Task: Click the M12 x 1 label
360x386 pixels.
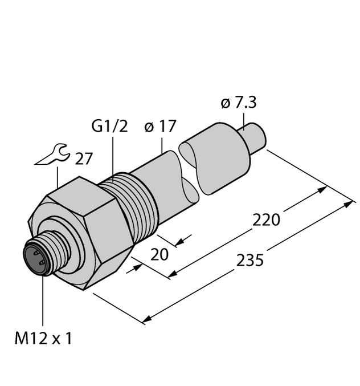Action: pos(43,339)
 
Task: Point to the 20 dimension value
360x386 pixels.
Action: pos(159,254)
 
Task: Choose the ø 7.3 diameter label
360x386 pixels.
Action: pos(238,103)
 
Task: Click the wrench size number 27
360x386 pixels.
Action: pos(83,159)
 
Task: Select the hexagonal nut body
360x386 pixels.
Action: pos(85,228)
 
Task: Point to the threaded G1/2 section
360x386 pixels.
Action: pos(134,205)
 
